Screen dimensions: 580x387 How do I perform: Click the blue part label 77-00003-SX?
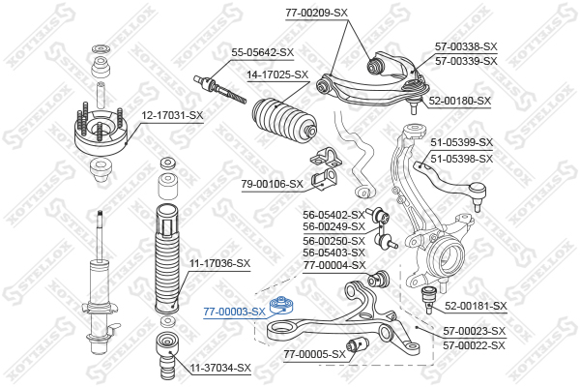pyautogui.click(x=234, y=312)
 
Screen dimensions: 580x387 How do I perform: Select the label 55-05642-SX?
pyautogui.click(x=263, y=52)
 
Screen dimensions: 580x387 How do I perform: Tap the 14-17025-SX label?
pyautogui.click(x=277, y=74)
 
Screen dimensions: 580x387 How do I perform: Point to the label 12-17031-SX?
pyautogui.click(x=172, y=115)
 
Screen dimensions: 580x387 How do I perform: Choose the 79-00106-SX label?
pyautogui.click(x=272, y=184)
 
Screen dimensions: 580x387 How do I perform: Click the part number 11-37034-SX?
pyautogui.click(x=220, y=368)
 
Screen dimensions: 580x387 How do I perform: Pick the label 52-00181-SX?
pyautogui.click(x=476, y=306)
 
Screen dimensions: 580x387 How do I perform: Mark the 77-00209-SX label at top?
pyautogui.click(x=317, y=13)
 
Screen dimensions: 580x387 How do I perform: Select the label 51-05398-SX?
pyautogui.click(x=462, y=159)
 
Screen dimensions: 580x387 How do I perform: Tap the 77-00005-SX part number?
pyautogui.click(x=315, y=354)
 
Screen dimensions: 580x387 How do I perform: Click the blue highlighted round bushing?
pyautogui.click(x=281, y=305)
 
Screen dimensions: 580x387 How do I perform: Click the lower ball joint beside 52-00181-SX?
pyautogui.click(x=430, y=299)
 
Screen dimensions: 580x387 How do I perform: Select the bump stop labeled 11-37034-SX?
pyautogui.click(x=167, y=353)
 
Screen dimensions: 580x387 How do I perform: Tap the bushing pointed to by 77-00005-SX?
pyautogui.click(x=357, y=345)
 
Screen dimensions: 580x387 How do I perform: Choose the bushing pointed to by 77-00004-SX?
pyautogui.click(x=379, y=279)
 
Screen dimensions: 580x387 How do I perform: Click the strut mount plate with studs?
pyautogui.click(x=101, y=132)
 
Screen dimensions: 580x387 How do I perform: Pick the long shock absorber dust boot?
pyautogui.click(x=167, y=257)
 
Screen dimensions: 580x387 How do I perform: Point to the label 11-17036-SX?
pyautogui.click(x=220, y=264)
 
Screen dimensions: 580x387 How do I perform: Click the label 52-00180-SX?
pyautogui.click(x=460, y=101)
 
